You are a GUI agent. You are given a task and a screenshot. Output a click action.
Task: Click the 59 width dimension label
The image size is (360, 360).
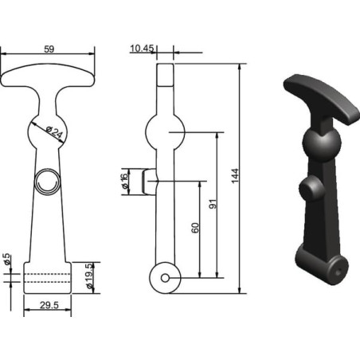pyautogui.click(x=49, y=49)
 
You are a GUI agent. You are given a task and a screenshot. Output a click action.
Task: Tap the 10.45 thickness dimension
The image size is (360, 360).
pyautogui.click(x=142, y=49)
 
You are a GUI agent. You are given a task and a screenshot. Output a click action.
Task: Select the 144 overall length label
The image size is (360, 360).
pyautogui.click(x=235, y=175)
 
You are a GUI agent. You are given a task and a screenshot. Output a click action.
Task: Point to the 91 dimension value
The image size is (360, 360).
pyautogui.click(x=213, y=204)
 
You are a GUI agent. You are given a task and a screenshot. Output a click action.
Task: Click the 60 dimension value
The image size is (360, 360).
pyautogui.click(x=195, y=228)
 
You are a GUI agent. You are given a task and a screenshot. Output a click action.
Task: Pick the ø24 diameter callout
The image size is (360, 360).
pyautogui.click(x=54, y=132)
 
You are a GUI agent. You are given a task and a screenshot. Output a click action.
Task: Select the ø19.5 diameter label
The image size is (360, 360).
pyautogui.click(x=89, y=276)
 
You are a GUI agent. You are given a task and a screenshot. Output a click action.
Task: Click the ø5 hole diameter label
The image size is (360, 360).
pyautogui.click(x=6, y=259)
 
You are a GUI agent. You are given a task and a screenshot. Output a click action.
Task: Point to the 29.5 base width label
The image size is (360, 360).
pyautogui.click(x=49, y=305)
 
